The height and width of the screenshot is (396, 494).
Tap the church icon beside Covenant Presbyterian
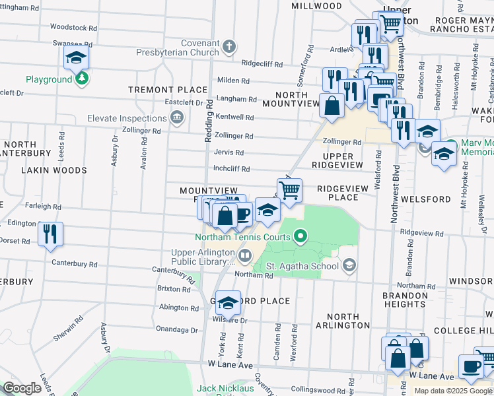(229, 47)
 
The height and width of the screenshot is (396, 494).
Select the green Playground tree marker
(82, 79)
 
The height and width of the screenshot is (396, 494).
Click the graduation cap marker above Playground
(77, 57)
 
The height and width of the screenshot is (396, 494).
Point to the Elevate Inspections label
(127, 119)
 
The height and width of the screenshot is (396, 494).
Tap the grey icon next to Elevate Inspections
(177, 119)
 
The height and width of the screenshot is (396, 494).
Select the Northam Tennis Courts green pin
(301, 236)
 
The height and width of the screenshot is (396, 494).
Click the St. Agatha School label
(302, 267)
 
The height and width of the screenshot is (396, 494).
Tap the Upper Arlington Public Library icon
(244, 255)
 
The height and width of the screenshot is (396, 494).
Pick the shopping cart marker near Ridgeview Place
(289, 191)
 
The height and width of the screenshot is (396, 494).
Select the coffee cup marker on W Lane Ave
(471, 366)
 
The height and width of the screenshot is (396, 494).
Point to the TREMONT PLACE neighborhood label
(168, 90)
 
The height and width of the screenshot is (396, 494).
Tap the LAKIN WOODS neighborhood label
(54, 170)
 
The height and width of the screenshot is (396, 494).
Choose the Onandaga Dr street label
(177, 329)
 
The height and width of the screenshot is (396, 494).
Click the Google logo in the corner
(22, 388)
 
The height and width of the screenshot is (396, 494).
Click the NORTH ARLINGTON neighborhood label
(343, 321)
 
